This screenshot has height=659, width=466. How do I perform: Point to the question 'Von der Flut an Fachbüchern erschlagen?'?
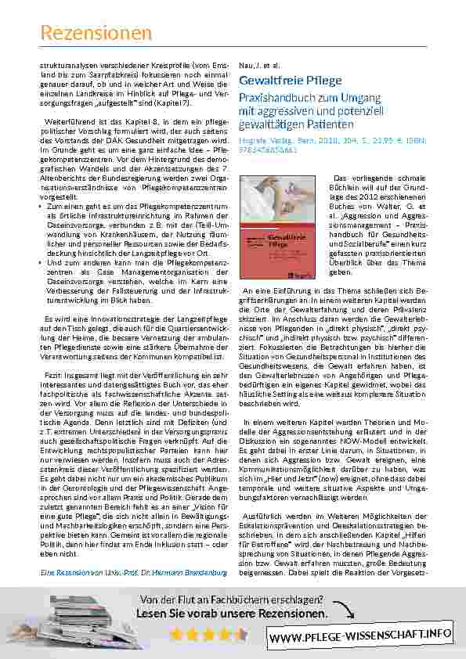tap(231, 600)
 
